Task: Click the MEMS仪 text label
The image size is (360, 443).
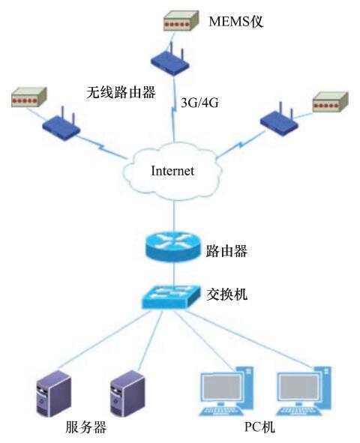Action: (235, 22)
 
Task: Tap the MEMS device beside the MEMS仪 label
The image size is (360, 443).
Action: (181, 21)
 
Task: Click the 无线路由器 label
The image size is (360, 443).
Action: (121, 92)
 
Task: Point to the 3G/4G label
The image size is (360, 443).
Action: (199, 103)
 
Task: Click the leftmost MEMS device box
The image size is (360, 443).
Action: (28, 97)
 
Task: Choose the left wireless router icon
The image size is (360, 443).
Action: (61, 124)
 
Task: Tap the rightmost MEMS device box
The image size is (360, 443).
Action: (330, 102)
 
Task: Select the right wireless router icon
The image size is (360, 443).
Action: (279, 120)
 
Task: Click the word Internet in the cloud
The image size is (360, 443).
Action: (172, 171)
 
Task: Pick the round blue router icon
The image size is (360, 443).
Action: (173, 246)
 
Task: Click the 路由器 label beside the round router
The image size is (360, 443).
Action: (226, 251)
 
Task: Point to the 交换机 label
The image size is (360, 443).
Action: (226, 295)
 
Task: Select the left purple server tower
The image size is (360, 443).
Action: (54, 394)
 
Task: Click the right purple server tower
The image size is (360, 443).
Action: (127, 394)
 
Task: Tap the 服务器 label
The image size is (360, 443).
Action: (86, 427)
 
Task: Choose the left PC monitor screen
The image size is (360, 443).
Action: (222, 388)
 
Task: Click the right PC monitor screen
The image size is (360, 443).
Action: (299, 388)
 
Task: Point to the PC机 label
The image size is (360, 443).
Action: (259, 427)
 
